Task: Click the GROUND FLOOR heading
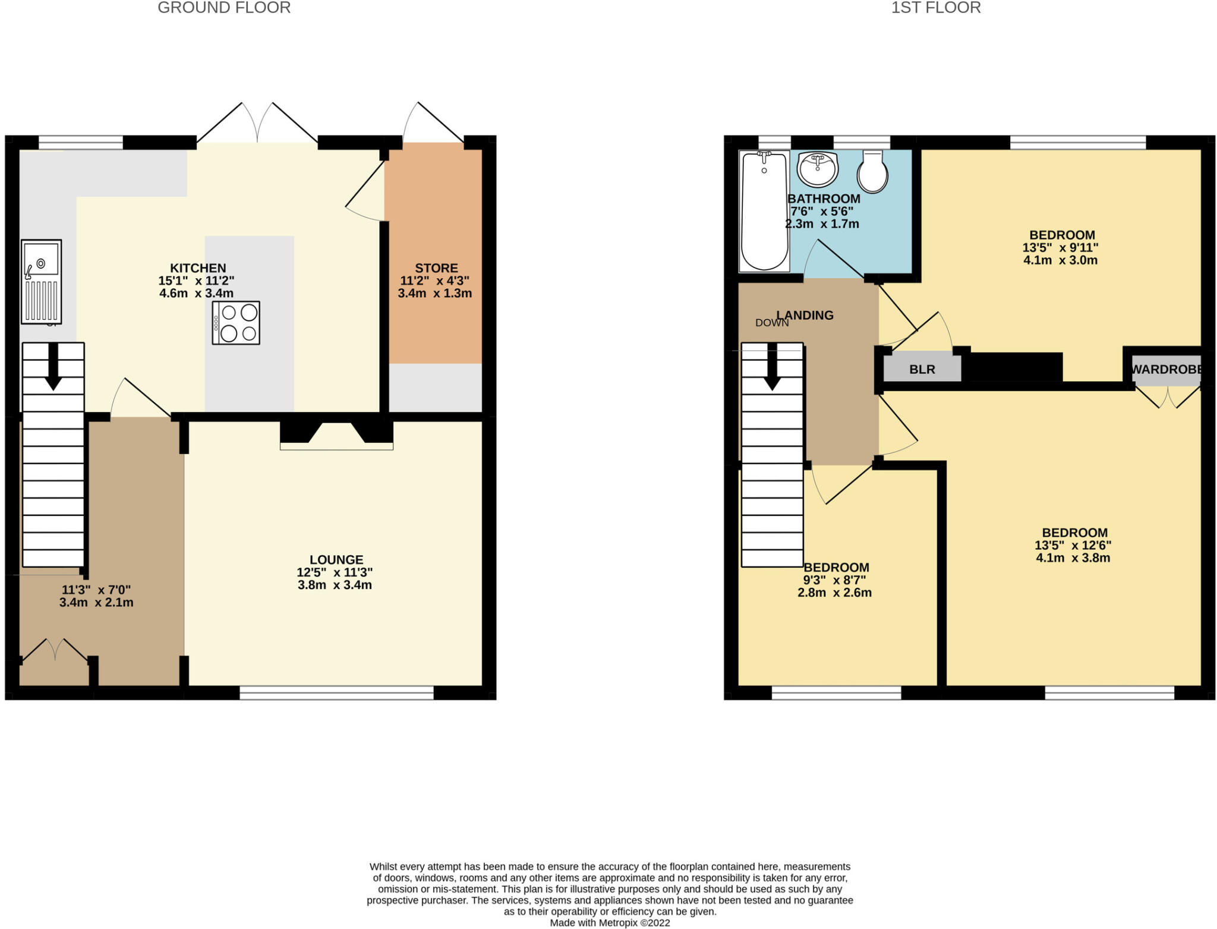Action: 224,8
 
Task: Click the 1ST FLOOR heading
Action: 935,8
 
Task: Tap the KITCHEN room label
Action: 198,268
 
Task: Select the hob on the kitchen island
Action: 236,323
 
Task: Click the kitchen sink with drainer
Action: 41,282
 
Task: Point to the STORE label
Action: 436,268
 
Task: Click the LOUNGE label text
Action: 336,560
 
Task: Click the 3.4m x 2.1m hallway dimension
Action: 96,603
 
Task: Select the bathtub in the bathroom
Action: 764,211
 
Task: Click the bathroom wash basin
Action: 818,169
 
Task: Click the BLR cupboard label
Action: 922,370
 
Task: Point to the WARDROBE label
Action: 1166,370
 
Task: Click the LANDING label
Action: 805,316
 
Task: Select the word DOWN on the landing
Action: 771,323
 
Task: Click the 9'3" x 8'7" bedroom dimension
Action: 834,580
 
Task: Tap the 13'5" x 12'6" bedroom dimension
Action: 1073,546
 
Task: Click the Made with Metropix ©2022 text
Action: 610,923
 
